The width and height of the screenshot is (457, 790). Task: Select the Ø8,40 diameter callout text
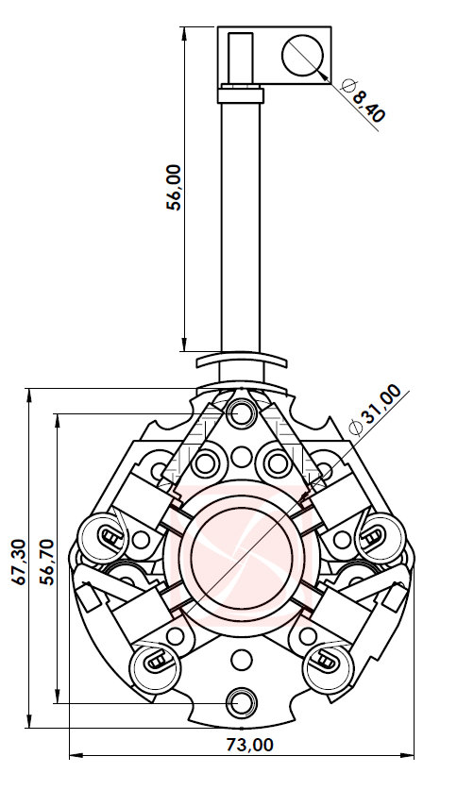tap(362, 102)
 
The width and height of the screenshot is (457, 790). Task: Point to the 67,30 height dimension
tap(18, 563)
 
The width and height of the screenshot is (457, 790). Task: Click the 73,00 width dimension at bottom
tap(248, 745)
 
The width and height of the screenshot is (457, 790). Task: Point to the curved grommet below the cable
tap(241, 361)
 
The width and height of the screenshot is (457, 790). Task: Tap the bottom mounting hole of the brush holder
tap(242, 701)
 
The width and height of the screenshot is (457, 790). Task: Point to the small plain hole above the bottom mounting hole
tap(242, 659)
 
